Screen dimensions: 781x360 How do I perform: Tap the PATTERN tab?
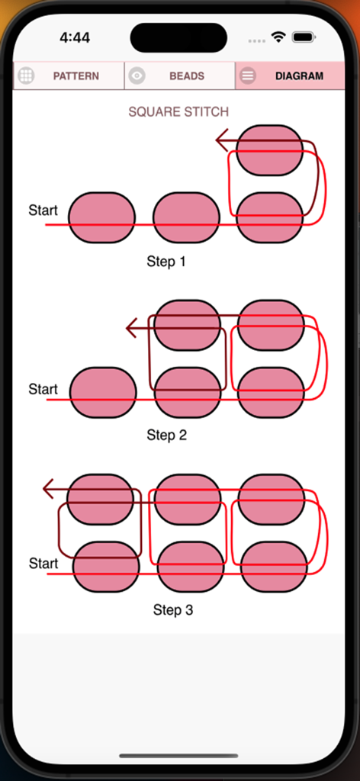pos(76,76)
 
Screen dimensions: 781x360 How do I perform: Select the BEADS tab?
pos(186,76)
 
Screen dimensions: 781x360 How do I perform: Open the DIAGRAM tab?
pos(299,76)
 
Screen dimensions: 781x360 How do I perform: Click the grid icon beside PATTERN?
pos(27,76)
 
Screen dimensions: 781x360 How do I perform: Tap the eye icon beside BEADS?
pos(137,76)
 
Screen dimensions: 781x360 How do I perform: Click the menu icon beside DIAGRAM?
pos(248,76)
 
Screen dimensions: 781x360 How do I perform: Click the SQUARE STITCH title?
pos(178,112)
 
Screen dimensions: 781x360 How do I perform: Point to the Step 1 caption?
pos(166,262)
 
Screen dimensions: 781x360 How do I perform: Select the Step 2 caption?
pos(166,435)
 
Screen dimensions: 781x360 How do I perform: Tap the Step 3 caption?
pos(172,609)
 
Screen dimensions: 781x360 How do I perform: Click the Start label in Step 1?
pos(43,210)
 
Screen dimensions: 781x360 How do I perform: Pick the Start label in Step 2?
pos(43,389)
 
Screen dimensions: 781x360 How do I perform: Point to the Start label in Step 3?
pos(43,564)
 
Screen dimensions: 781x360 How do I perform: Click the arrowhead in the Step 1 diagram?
pos(223,140)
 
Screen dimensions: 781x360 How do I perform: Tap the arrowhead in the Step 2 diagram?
pos(133,328)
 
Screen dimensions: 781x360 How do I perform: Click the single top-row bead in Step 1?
pos(269,150)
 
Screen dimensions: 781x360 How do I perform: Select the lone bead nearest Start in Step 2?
pos(103,393)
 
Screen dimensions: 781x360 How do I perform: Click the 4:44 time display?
pos(75,37)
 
